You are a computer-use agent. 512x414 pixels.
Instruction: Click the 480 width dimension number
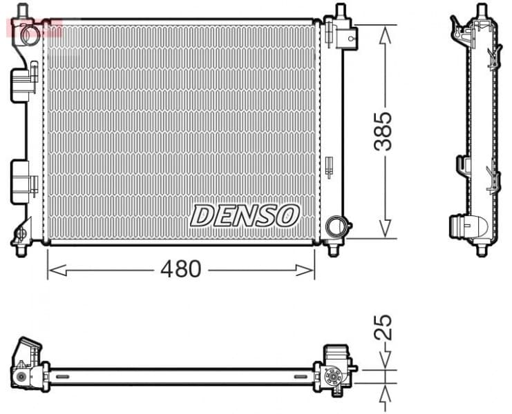[x=182, y=268]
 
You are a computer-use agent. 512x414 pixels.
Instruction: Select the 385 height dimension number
[x=384, y=132]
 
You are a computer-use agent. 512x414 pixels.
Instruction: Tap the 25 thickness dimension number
[x=384, y=326]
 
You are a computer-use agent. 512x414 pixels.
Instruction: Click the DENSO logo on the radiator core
[x=245, y=215]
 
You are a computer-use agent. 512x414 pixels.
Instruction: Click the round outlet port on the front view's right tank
[x=337, y=226]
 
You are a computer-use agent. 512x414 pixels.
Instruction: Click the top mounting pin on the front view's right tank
[x=340, y=12]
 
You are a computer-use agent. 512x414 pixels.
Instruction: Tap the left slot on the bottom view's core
[x=63, y=377]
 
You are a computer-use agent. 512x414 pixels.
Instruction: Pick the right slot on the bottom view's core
[x=301, y=377]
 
